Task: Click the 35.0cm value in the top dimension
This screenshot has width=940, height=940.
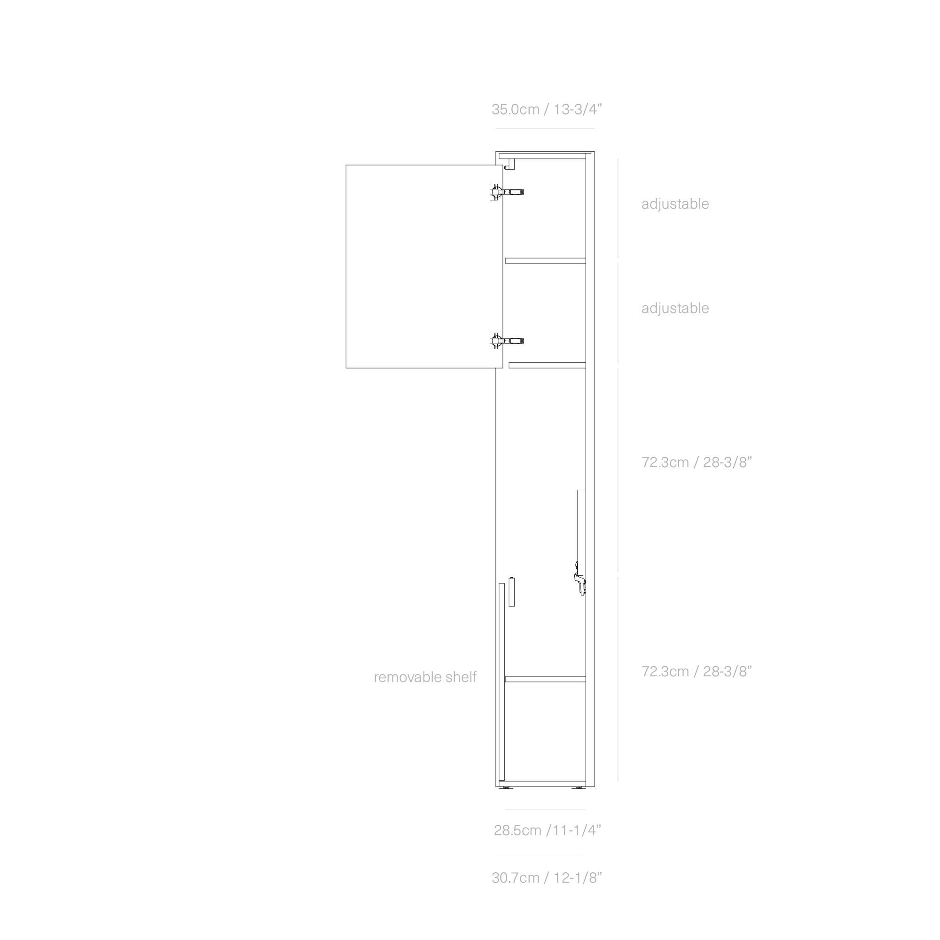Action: pyautogui.click(x=515, y=110)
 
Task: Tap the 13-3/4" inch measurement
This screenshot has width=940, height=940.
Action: pyautogui.click(x=578, y=110)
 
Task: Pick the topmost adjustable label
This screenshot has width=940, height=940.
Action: pyautogui.click(x=675, y=204)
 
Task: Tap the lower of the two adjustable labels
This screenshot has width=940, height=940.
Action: pyautogui.click(x=675, y=308)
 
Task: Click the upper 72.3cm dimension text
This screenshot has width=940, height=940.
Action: pyautogui.click(x=665, y=462)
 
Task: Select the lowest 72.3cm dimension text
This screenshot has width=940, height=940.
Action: pyautogui.click(x=665, y=672)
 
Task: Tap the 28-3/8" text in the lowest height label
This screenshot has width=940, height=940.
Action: pyautogui.click(x=728, y=672)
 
